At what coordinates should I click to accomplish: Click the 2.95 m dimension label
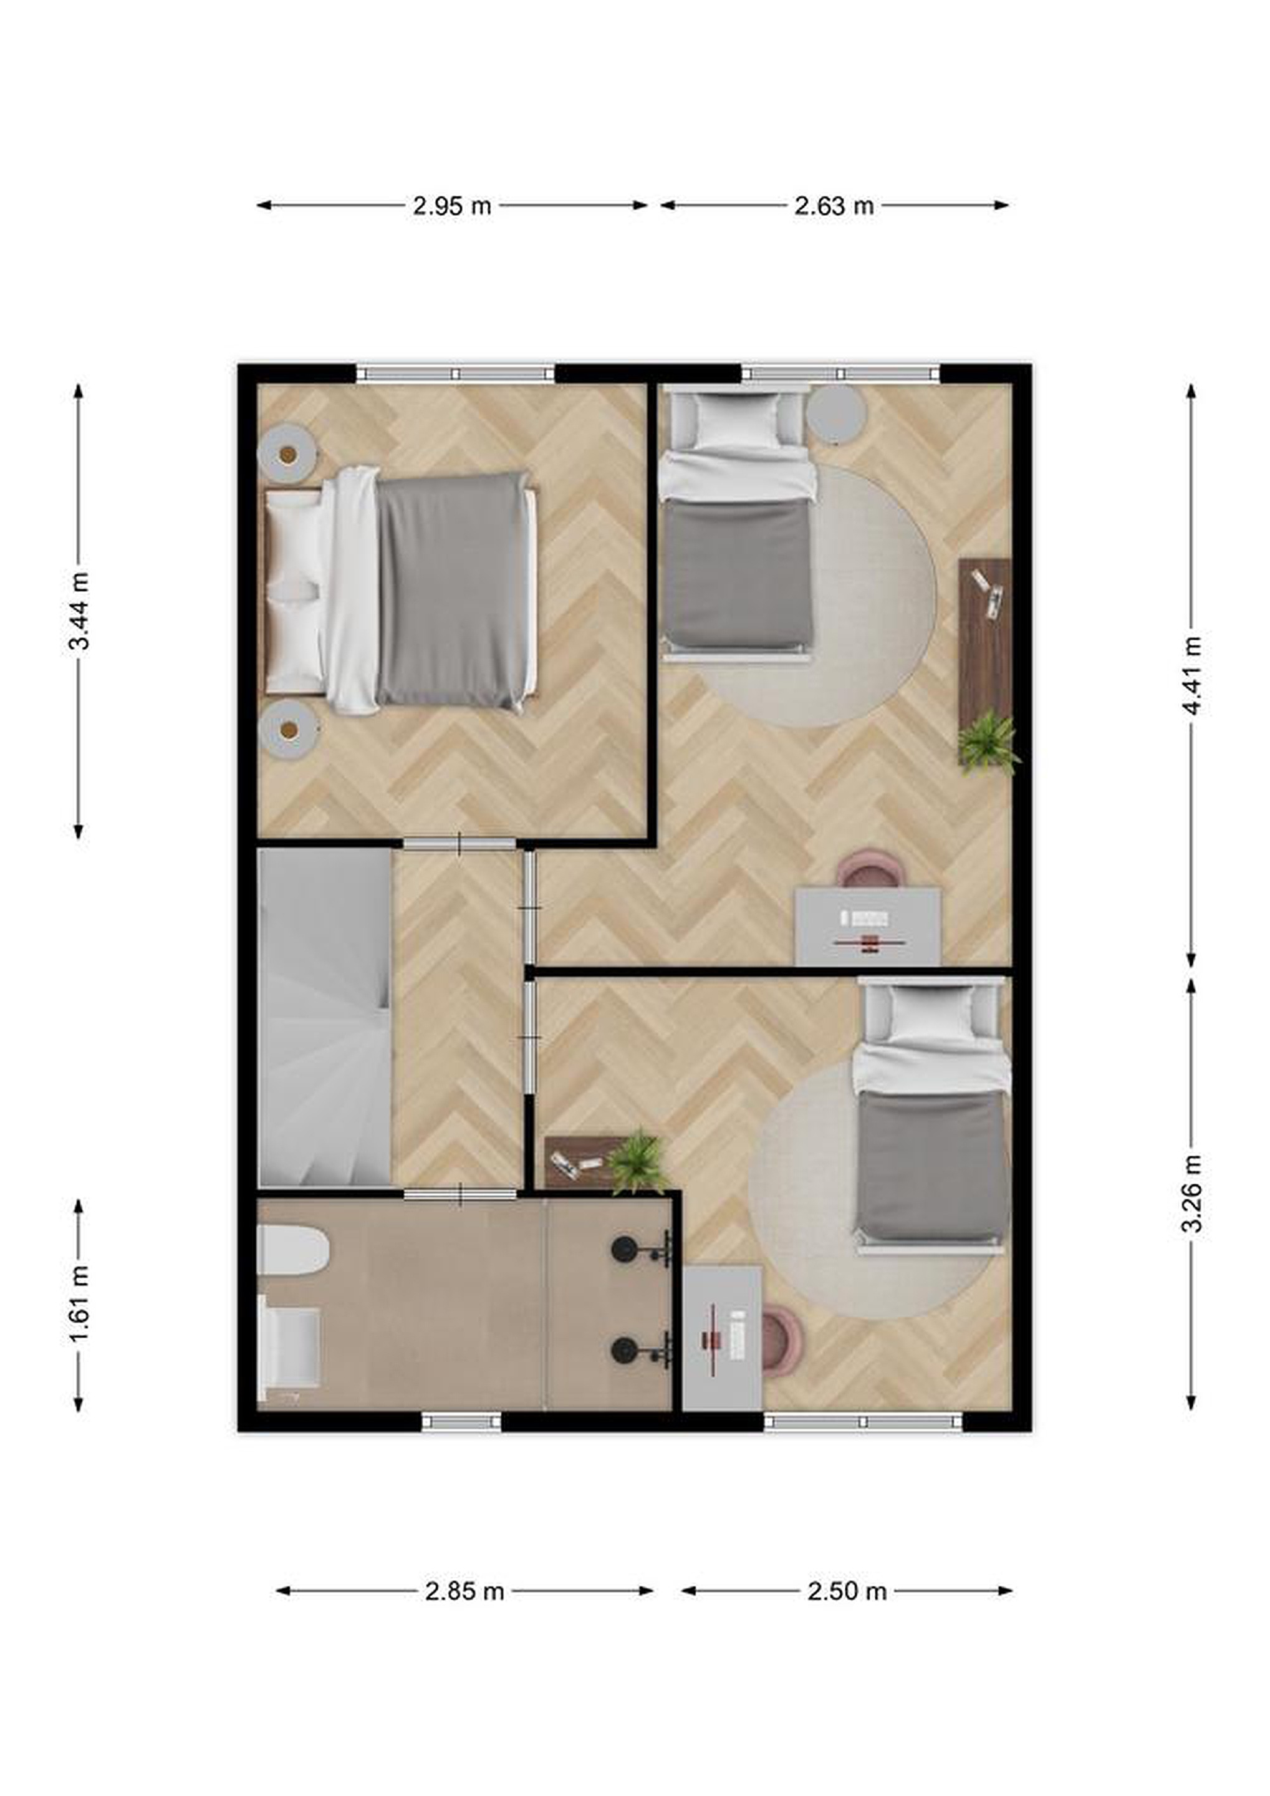pos(452,206)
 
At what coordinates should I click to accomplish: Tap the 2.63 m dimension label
pos(834,206)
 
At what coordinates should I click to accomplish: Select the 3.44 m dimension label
pos(79,612)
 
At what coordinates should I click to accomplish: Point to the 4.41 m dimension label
pos(1191,676)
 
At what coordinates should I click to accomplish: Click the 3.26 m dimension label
pos(1191,1194)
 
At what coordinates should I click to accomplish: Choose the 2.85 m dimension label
pos(464,1590)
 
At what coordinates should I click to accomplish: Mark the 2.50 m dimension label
pos(847,1590)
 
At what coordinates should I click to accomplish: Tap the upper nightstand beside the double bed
pos(288,454)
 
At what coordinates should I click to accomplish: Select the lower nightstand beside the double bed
pos(288,729)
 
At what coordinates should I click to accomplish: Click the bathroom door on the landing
pos(460,1194)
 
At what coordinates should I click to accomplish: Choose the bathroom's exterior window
pos(461,1421)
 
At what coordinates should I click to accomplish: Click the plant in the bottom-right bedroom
pos(639,1162)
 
